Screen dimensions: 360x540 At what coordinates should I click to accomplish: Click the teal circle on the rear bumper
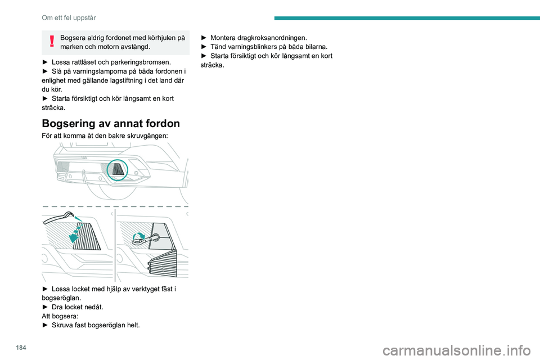(118, 169)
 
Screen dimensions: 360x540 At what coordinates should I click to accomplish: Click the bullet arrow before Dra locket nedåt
(45, 307)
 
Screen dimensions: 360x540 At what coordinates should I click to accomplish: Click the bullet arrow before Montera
(204, 37)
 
